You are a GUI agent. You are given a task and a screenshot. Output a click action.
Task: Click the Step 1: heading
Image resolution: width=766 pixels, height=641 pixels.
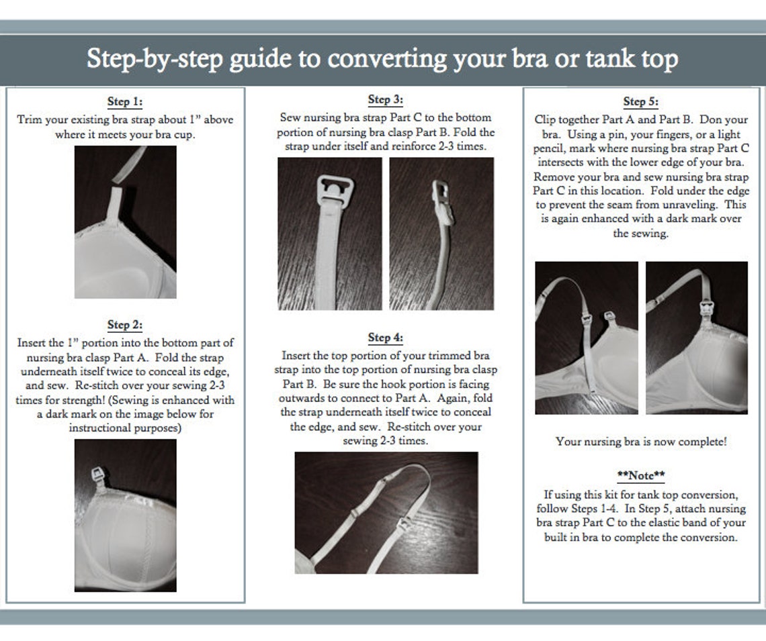click(x=125, y=102)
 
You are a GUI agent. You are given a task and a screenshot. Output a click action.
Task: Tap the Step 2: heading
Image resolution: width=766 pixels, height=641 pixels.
click(x=125, y=325)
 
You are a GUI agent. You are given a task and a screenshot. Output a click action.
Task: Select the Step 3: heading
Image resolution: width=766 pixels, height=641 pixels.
click(x=386, y=99)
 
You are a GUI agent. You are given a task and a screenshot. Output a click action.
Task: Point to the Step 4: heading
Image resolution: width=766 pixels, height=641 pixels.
click(x=386, y=338)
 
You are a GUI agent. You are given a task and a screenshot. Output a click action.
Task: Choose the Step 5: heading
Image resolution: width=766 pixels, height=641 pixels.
click(x=640, y=102)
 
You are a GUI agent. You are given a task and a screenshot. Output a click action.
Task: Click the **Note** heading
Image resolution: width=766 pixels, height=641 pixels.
click(x=641, y=475)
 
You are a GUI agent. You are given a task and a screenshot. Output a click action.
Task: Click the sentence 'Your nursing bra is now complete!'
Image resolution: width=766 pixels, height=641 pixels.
click(x=641, y=442)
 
